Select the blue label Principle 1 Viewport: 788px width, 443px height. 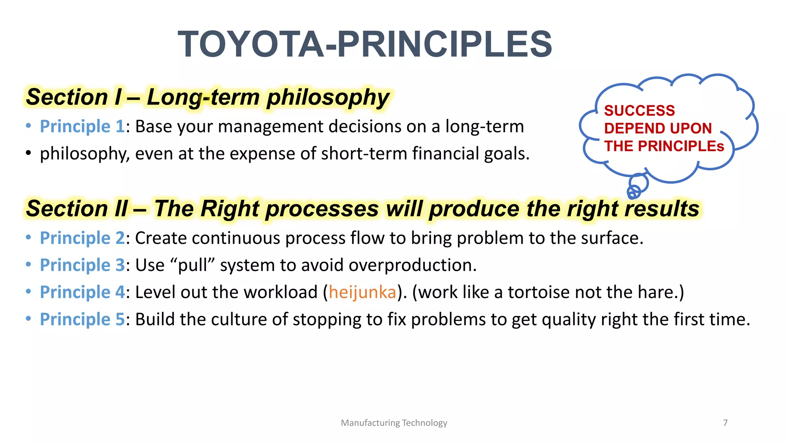(x=82, y=127)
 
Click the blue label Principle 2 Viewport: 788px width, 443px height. (x=82, y=238)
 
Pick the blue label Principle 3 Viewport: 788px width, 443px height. (x=82, y=265)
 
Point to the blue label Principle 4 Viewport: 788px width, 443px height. (x=82, y=292)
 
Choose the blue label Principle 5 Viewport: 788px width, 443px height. (x=82, y=319)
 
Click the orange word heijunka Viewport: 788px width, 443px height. (x=362, y=292)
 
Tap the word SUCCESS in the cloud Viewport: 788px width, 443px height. (x=639, y=111)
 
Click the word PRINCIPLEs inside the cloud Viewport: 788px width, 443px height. (x=681, y=146)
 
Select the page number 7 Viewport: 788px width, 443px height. (x=725, y=423)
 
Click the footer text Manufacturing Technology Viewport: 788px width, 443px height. (x=394, y=423)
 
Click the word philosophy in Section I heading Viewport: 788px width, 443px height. (x=328, y=97)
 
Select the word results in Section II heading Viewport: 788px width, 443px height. (x=662, y=209)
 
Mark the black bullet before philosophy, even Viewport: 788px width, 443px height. (x=28, y=153)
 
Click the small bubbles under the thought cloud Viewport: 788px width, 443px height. (x=636, y=187)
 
